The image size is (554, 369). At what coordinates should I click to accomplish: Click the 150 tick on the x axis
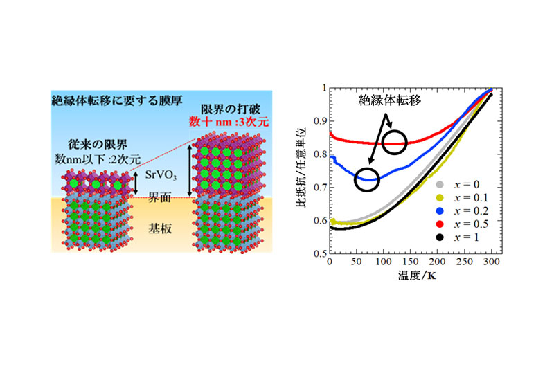(x=411, y=264)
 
